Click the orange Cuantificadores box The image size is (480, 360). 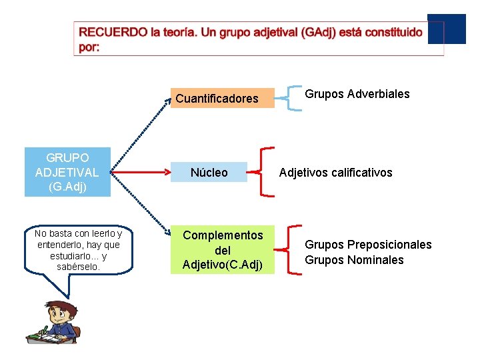point(223,98)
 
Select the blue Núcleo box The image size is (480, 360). point(209,173)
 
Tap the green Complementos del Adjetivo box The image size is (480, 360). point(223,249)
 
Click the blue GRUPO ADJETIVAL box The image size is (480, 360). point(67,173)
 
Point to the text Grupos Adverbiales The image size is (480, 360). point(357,94)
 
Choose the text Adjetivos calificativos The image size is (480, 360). point(335,173)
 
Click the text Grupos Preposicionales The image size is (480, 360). point(368,245)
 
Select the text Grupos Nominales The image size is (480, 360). point(354,260)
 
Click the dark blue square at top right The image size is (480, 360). point(446,29)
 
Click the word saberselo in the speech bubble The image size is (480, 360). point(79,267)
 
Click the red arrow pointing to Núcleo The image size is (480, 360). point(140,173)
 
